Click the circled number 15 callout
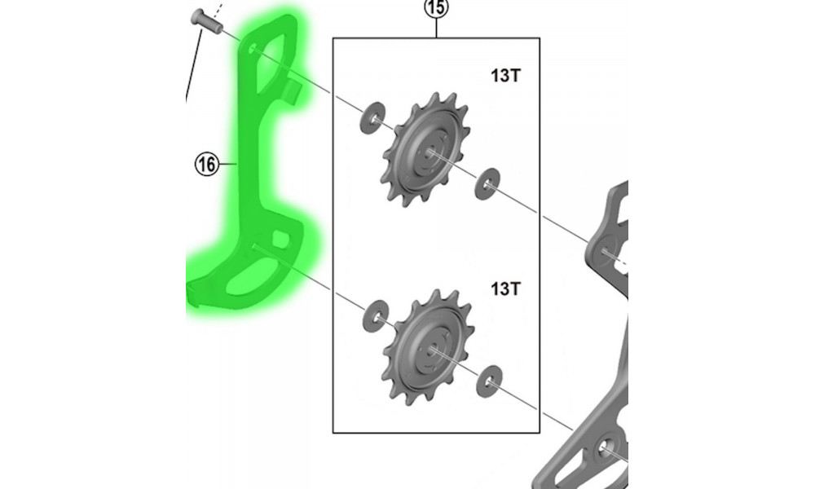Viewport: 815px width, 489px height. pos(436,8)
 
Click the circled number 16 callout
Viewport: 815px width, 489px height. pos(206,164)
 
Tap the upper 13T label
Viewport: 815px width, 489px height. pos(504,76)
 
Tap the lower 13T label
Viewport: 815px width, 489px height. pos(504,289)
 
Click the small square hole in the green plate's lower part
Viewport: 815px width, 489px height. pos(280,240)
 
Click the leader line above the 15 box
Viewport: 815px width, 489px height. pos(437,28)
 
